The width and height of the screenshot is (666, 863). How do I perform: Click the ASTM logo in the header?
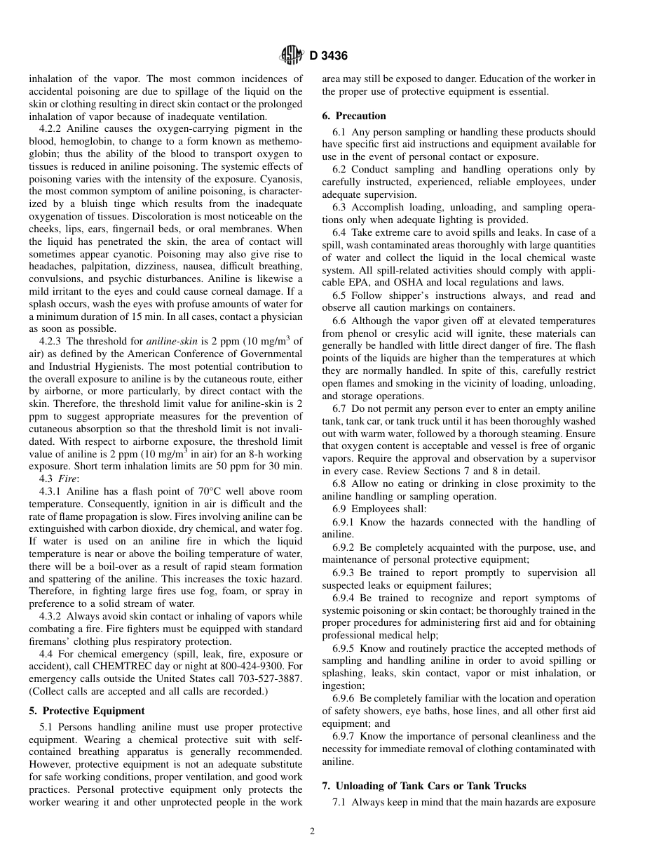[x=291, y=55]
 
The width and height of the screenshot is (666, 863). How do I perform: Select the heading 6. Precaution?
[x=360, y=116]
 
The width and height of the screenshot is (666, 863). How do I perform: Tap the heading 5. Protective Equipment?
[x=87, y=711]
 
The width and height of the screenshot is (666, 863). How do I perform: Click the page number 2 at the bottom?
[x=312, y=831]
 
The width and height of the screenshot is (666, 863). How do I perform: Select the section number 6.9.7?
[x=346, y=736]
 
